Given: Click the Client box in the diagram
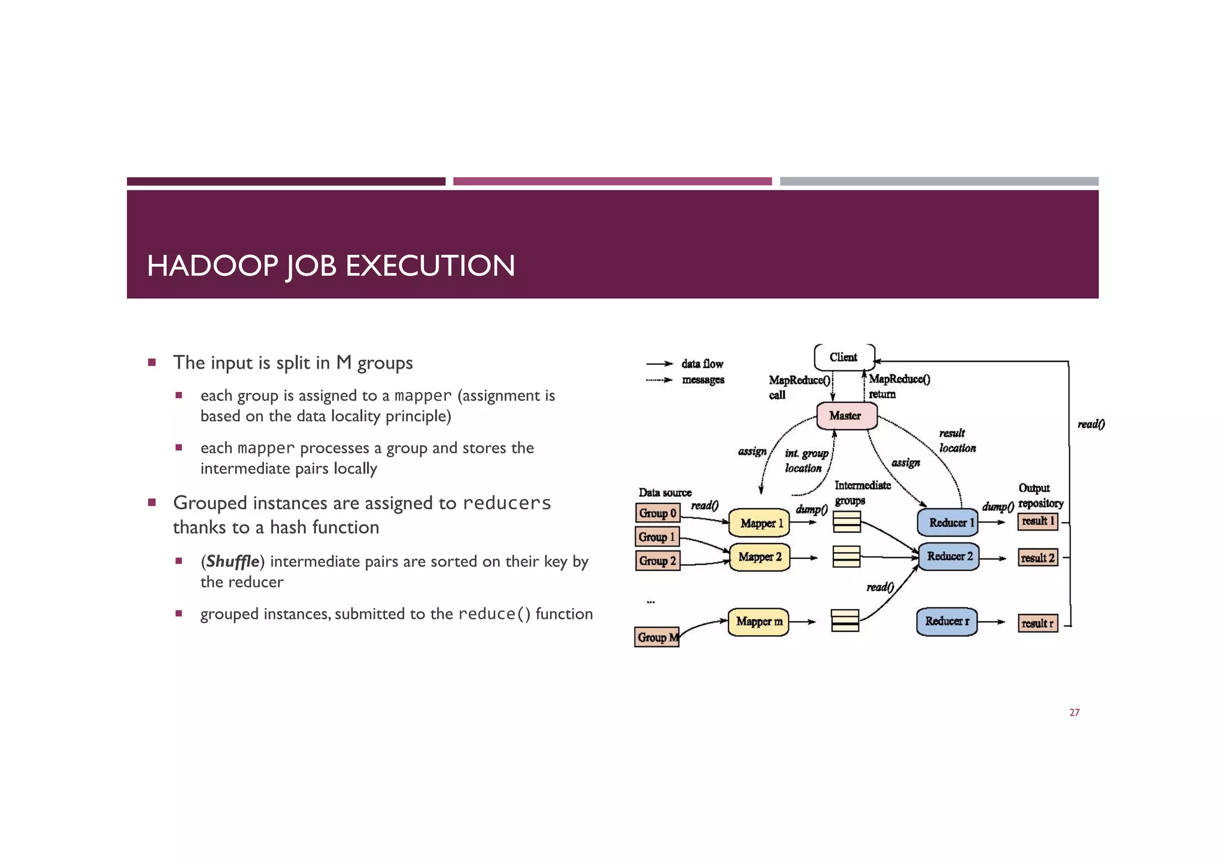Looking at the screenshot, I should [x=843, y=357].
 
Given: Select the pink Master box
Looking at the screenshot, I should [x=846, y=415].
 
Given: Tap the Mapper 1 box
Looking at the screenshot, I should [x=759, y=523].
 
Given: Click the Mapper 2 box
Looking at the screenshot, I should [x=759, y=557].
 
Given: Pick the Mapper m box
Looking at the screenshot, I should [x=758, y=621].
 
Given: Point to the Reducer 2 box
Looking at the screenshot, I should [x=948, y=557].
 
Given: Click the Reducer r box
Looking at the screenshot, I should [x=946, y=621].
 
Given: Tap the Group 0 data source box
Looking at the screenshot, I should [x=657, y=513].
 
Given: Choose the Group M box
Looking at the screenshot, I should [x=657, y=637].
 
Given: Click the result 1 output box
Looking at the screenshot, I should [x=1037, y=521].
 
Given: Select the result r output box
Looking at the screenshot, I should [x=1037, y=624].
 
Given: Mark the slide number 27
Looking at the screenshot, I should [x=1074, y=712].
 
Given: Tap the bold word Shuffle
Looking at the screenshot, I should [x=232, y=561].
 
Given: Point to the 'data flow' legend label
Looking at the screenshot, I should [x=702, y=364].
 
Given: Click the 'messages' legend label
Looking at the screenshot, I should [x=703, y=379].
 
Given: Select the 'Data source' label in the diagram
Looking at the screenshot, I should [x=664, y=493].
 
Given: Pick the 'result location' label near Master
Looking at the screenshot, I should [x=957, y=440].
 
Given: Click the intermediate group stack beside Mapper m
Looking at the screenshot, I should [x=845, y=621].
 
